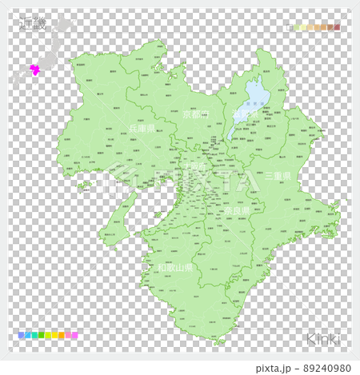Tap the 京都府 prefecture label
[194, 114]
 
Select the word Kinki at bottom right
[322, 338]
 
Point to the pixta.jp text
[274, 368]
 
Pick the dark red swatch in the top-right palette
[337, 27]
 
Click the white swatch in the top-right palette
[290, 27]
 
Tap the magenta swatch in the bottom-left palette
[74, 336]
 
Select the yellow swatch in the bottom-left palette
[49, 336]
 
